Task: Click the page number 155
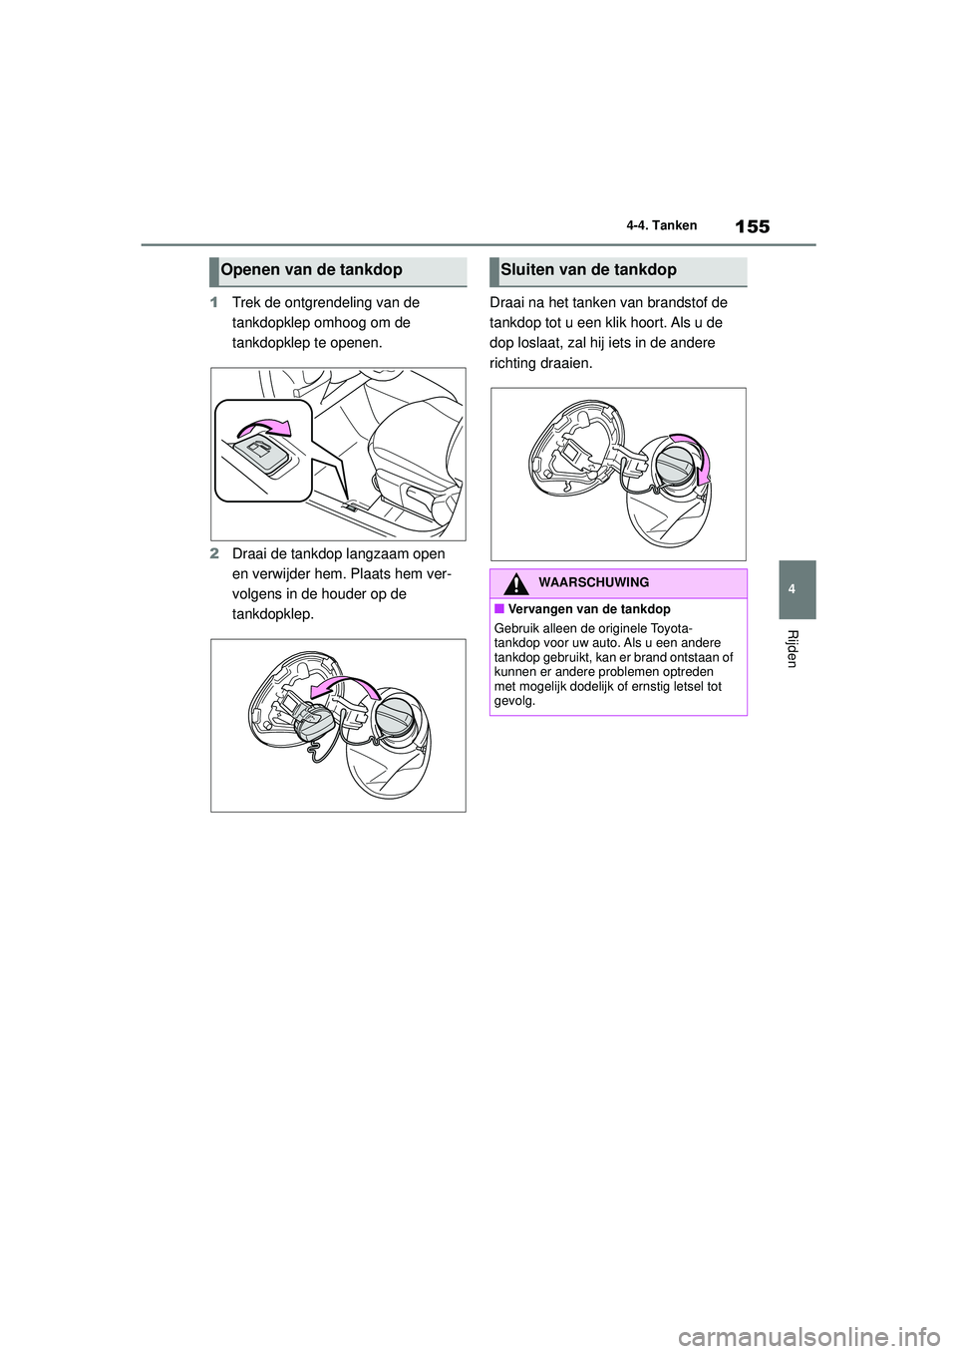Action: [752, 226]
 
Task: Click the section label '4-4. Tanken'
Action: [661, 226]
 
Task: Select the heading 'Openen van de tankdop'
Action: [312, 270]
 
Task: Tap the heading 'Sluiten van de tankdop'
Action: [588, 270]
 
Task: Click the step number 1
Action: [214, 303]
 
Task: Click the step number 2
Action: [214, 554]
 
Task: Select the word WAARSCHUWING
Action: [593, 583]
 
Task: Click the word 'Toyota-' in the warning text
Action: [673, 629]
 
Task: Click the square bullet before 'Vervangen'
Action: [497, 609]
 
